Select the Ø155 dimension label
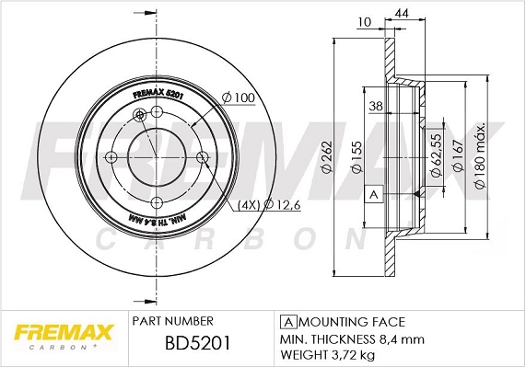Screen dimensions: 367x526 355,159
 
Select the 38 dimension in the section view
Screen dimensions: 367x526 376,106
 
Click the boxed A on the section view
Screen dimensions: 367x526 374,195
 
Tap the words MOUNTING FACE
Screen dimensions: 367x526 351,322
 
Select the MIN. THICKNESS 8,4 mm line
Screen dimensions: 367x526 340,338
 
